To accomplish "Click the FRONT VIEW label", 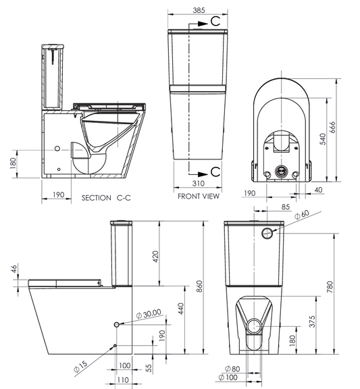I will (x=198, y=197).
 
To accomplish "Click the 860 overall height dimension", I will (x=200, y=286).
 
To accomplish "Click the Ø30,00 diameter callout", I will (x=148, y=313).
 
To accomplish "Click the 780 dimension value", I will (x=330, y=288).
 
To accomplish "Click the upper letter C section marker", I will (x=214, y=22).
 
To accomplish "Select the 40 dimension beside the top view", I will (x=318, y=191).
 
